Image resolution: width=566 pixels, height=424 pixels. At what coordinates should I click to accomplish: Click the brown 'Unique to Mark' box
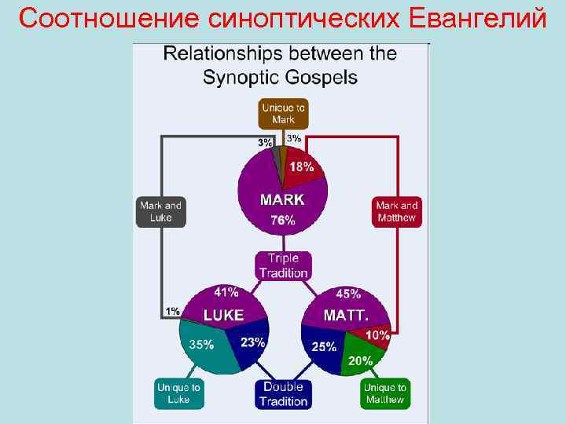pyautogui.click(x=283, y=113)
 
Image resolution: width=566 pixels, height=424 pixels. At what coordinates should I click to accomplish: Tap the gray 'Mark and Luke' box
pyautogui.click(x=160, y=211)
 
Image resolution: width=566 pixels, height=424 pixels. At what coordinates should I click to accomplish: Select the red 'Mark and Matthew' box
pyautogui.click(x=397, y=211)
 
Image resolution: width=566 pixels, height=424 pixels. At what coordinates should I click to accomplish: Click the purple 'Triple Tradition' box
pyautogui.click(x=283, y=265)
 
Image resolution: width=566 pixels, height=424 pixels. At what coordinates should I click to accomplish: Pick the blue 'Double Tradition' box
pyautogui.click(x=283, y=394)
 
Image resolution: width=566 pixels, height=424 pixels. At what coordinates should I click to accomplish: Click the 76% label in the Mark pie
pyautogui.click(x=283, y=221)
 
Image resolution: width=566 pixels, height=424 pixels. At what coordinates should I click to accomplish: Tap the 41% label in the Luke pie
pyautogui.click(x=226, y=293)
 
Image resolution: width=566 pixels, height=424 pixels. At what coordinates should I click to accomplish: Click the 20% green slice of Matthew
pyautogui.click(x=361, y=360)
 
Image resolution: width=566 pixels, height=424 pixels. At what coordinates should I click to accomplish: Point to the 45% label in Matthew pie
pyautogui.click(x=348, y=294)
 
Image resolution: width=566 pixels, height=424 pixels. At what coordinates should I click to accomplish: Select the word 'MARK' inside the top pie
pyautogui.click(x=282, y=199)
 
